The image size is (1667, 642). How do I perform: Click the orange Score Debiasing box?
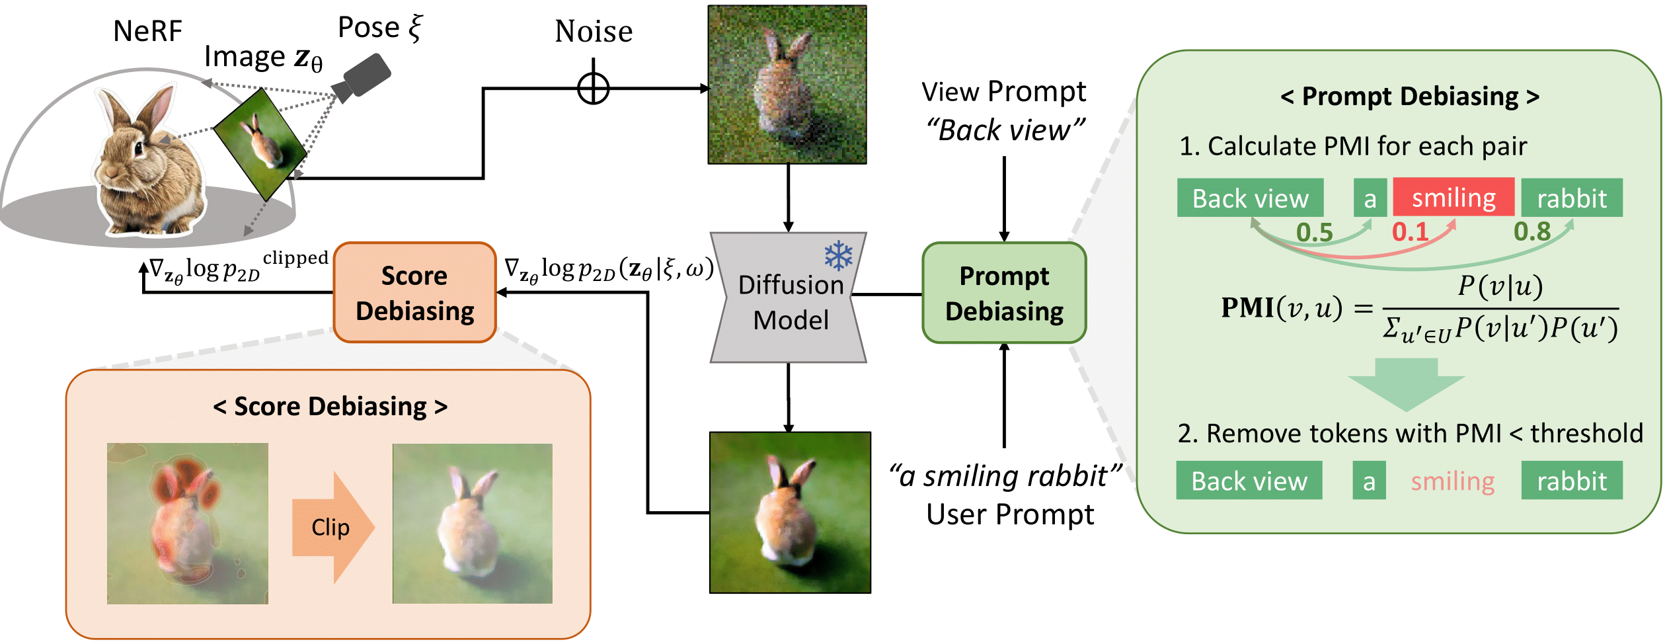[414, 293]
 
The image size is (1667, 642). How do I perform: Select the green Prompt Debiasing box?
[1003, 293]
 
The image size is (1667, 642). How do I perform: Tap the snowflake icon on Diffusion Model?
[838, 255]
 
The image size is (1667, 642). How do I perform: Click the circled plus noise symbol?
[593, 88]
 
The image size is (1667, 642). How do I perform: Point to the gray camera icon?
[362, 77]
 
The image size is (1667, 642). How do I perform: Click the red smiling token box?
[1453, 198]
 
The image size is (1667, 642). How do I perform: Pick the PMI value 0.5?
[1314, 233]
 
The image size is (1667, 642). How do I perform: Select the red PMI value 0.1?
[1409, 232]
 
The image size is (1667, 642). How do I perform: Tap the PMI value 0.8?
[1531, 231]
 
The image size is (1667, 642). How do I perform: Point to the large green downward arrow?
[1406, 383]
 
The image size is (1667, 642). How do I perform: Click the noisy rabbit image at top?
[787, 85]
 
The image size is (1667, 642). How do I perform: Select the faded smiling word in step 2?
[1452, 481]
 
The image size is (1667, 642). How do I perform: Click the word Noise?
[593, 31]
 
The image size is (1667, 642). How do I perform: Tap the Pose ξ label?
[379, 28]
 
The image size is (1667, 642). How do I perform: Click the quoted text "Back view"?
[1004, 130]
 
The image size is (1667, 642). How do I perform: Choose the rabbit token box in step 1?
[1571, 198]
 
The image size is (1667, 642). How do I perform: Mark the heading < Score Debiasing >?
[330, 406]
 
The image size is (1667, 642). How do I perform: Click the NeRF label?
[147, 31]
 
